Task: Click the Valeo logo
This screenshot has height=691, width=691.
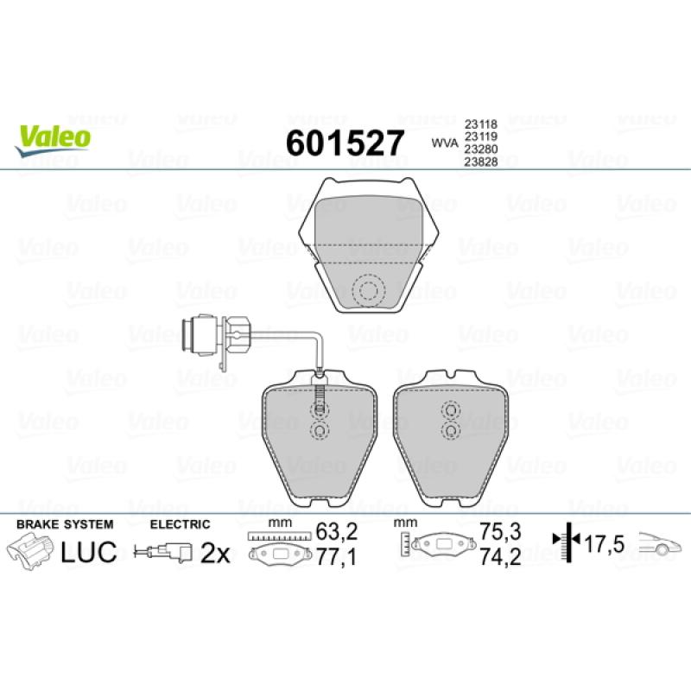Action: click(52, 141)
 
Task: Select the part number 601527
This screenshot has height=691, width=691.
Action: click(345, 143)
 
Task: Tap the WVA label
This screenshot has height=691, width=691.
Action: click(445, 143)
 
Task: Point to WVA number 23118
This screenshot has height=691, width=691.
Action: click(480, 124)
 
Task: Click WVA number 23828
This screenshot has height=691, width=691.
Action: click(481, 162)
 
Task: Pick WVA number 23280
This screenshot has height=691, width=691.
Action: click(481, 149)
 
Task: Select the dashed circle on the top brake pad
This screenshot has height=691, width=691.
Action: click(369, 290)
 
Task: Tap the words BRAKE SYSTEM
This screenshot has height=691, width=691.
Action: click(65, 524)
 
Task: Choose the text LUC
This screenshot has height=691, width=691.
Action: click(89, 552)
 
